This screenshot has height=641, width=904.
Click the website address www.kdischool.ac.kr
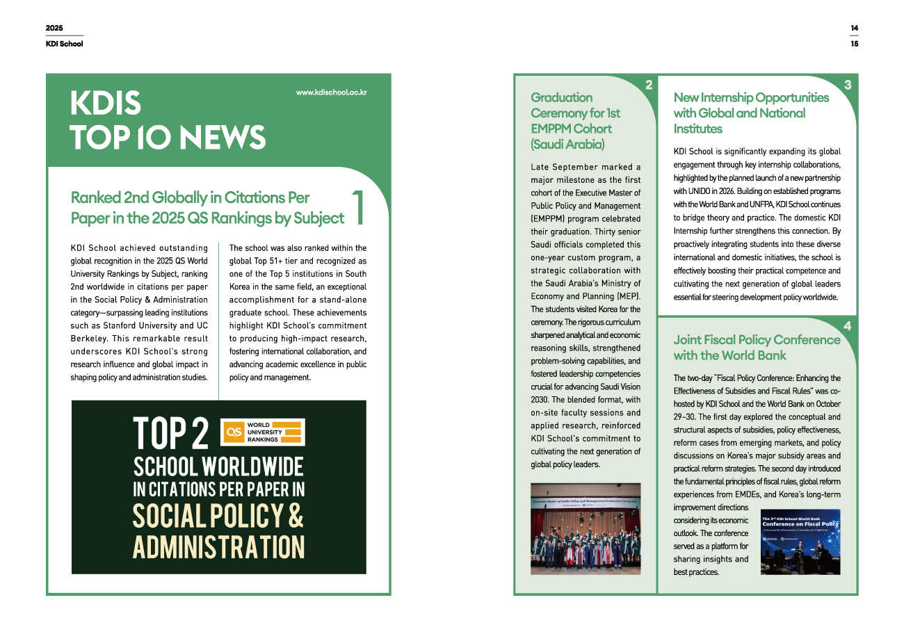coord(331,92)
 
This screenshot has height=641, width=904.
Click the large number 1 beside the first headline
coord(359,207)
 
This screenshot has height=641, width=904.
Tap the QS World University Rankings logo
coord(262,432)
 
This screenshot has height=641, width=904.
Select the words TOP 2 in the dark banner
coord(171,432)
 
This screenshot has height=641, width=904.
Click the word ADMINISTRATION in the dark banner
coord(219,547)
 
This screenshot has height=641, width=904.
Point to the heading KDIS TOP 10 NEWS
coord(168,120)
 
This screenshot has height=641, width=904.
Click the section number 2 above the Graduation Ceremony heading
coord(648,86)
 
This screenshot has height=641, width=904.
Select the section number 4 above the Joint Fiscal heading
coord(847,326)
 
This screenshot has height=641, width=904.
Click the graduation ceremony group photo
coord(586,528)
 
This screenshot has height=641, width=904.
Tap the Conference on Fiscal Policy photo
coord(800,542)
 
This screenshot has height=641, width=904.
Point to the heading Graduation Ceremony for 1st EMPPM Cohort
coord(576,121)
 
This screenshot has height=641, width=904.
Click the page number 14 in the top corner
coord(854,28)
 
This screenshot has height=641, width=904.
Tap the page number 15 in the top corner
coord(854,44)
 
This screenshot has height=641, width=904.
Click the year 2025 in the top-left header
coord(54,28)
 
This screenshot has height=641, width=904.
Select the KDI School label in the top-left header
coord(64,44)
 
